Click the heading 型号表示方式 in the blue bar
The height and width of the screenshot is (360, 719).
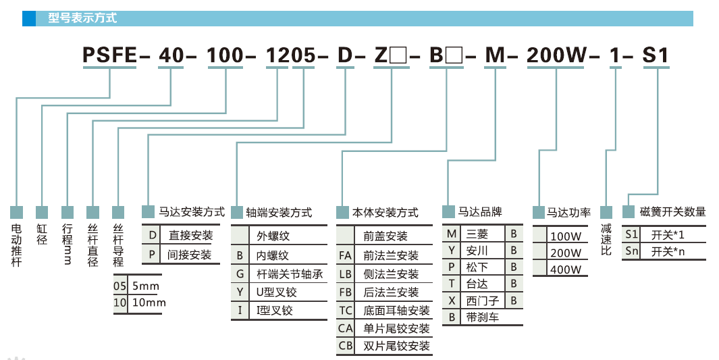(82, 18)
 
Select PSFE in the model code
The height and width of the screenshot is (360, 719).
(109, 55)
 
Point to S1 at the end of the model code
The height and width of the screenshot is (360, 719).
(654, 55)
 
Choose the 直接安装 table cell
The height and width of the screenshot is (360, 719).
(190, 236)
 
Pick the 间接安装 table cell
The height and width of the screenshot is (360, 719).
(190, 255)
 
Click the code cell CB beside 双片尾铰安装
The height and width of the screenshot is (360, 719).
(346, 346)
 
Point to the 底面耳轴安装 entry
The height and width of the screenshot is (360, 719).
(396, 311)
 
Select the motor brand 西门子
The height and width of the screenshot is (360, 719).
(481, 300)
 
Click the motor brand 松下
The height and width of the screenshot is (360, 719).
(477, 267)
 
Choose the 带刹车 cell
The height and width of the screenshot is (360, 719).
(482, 317)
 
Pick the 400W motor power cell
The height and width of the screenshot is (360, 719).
(565, 269)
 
